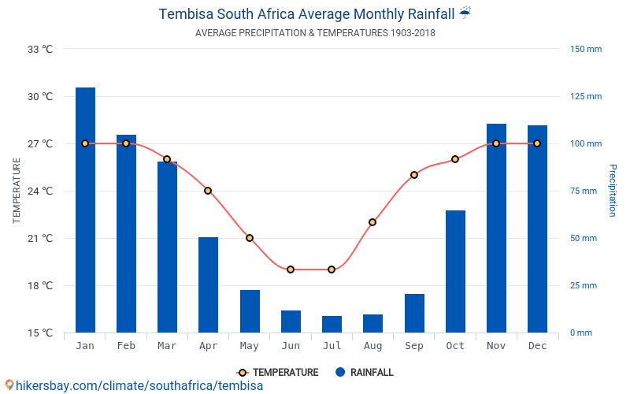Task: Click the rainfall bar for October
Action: pyautogui.click(x=455, y=271)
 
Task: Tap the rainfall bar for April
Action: pyautogui.click(x=208, y=284)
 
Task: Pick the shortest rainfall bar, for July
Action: pyautogui.click(x=332, y=324)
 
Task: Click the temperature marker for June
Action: pyautogui.click(x=291, y=269)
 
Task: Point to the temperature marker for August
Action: pyautogui.click(x=372, y=222)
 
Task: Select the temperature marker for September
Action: pyautogui.click(x=414, y=175)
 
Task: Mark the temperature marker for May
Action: pyautogui.click(x=250, y=238)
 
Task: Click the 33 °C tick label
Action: pyautogui.click(x=40, y=49)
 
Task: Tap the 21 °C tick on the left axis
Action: pyautogui.click(x=40, y=238)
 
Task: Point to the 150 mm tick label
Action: pyautogui.click(x=586, y=49)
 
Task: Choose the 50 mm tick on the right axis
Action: pyautogui.click(x=584, y=238)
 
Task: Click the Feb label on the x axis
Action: pyautogui.click(x=126, y=346)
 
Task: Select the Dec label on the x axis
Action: pyautogui.click(x=537, y=346)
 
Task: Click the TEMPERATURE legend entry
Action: pyautogui.click(x=277, y=373)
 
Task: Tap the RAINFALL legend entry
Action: pyautogui.click(x=364, y=373)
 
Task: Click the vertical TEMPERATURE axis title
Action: pyautogui.click(x=17, y=191)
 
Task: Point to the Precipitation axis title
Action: pyautogui.click(x=613, y=191)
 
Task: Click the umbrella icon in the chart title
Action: pyautogui.click(x=465, y=13)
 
